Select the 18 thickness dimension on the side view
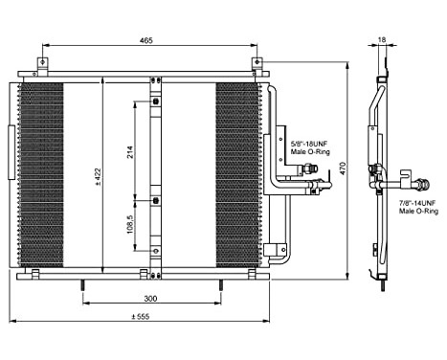click(x=382, y=41)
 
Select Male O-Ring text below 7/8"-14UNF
click(x=417, y=212)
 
